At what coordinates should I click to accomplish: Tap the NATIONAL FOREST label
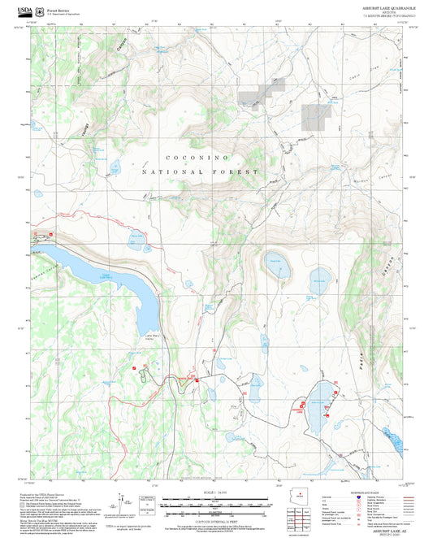tap(200, 172)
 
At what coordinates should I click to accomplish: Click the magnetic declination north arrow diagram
tap(121, 504)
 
